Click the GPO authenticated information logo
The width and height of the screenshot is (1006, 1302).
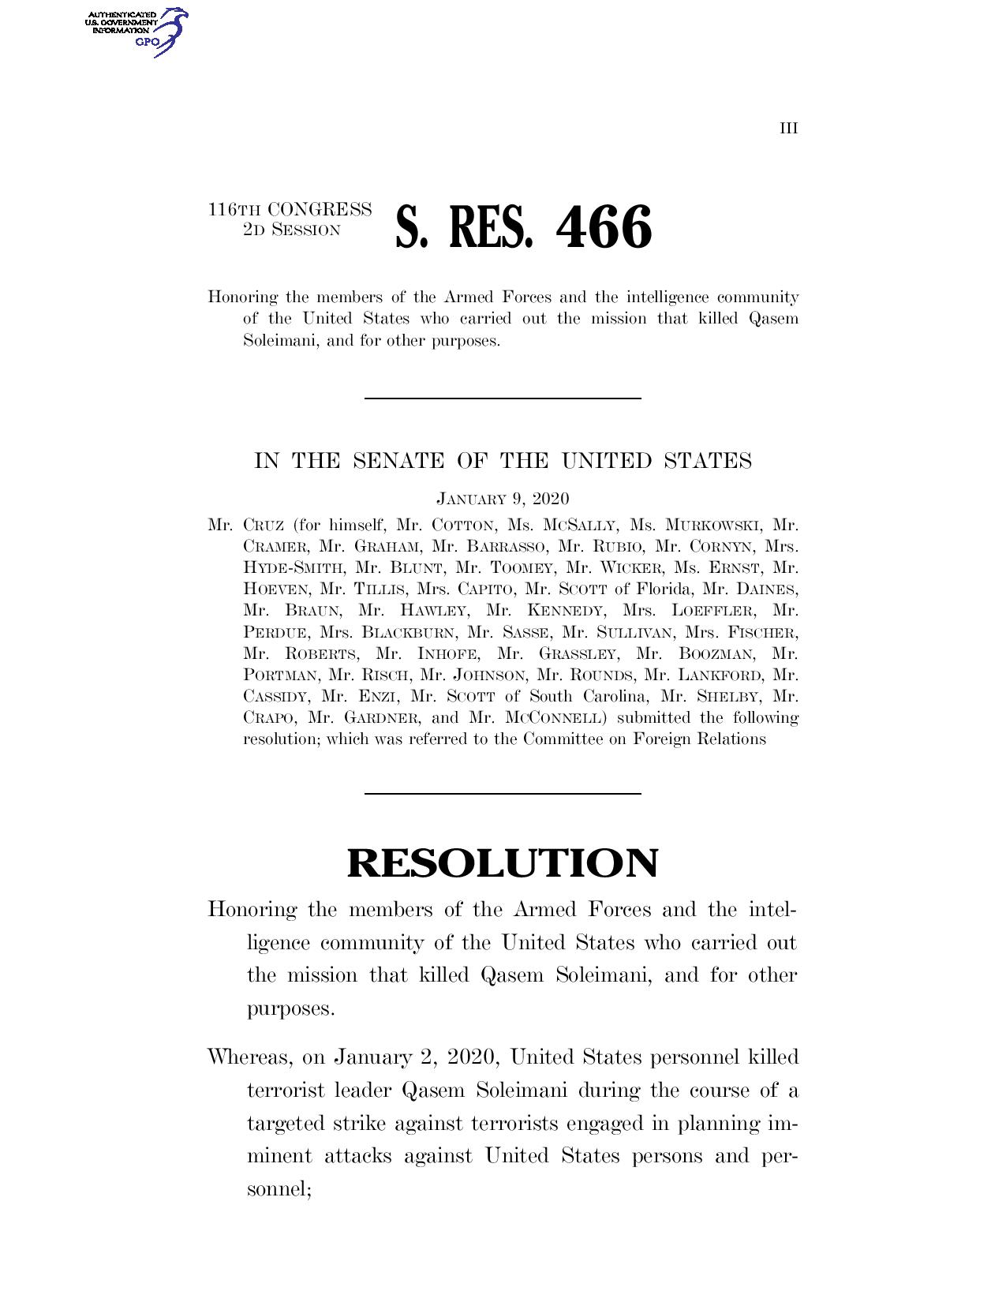tap(135, 31)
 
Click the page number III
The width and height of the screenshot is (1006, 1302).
tap(789, 128)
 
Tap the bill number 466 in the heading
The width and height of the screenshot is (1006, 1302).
tap(604, 227)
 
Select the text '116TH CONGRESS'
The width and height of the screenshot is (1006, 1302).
tap(290, 210)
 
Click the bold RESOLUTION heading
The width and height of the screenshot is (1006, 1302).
tap(503, 862)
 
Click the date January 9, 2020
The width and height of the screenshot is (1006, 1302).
tap(503, 499)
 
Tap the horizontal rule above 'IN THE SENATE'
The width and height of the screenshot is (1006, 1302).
tap(503, 398)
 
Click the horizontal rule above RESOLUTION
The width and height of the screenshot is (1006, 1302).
tap(503, 793)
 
